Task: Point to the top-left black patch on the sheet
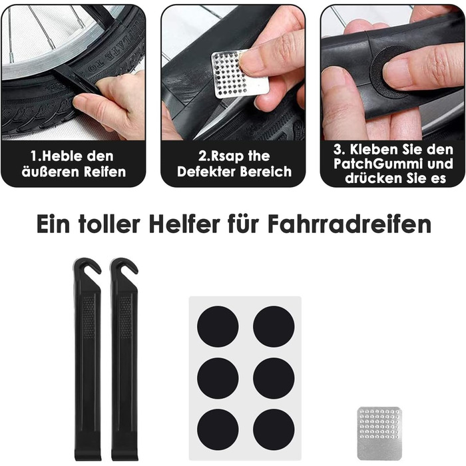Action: (x=218, y=326)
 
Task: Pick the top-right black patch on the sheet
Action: (x=274, y=326)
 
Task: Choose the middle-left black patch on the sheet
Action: (x=218, y=378)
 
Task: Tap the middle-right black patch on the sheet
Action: (x=274, y=378)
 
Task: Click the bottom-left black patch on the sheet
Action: (x=218, y=430)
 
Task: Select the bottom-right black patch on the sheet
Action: (x=274, y=430)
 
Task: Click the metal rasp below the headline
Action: (x=379, y=433)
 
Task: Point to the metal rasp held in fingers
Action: (x=238, y=75)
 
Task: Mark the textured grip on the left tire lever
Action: (x=89, y=317)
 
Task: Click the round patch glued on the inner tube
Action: (x=389, y=73)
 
